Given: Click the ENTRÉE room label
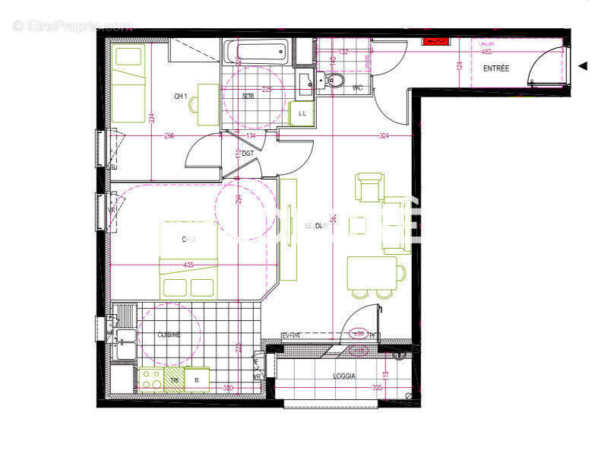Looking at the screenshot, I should [496, 69].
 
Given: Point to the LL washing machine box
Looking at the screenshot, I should [302, 113].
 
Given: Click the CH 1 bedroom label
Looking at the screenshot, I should [181, 97].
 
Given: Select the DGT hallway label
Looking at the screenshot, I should [248, 153].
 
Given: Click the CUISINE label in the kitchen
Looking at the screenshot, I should [169, 335].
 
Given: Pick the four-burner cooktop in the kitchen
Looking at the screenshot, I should [151, 380].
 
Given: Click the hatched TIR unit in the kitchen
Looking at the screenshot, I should [175, 380].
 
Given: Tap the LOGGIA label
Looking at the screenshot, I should [344, 376].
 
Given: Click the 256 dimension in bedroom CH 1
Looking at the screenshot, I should [169, 136].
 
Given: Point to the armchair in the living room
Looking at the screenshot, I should [369, 187].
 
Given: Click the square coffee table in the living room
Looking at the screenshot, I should [358, 224].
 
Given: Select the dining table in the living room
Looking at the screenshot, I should [371, 273].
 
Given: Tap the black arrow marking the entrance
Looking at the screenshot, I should [583, 66].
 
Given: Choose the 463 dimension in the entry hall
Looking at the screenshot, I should [486, 52].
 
